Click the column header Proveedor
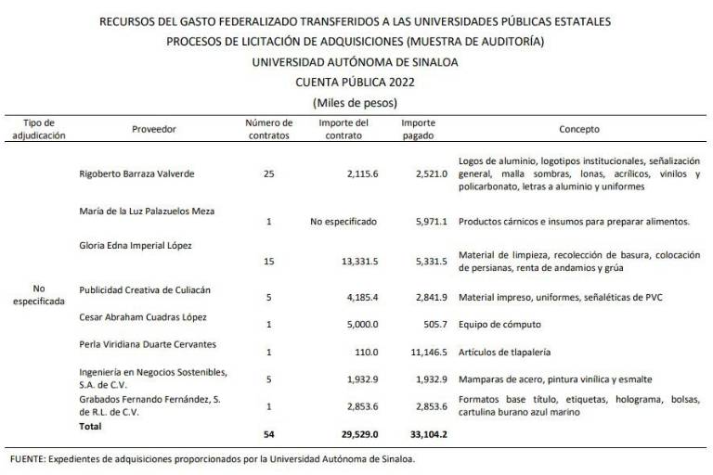(x=154, y=129)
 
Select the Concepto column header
(x=579, y=129)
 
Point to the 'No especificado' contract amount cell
(x=345, y=223)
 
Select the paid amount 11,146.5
(x=427, y=353)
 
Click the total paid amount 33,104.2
(x=427, y=433)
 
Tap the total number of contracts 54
(x=269, y=433)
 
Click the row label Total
(x=91, y=427)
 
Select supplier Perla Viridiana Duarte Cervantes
(x=148, y=344)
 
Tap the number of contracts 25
(x=269, y=173)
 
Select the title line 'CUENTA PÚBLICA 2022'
(x=356, y=82)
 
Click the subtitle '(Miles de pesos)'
(x=356, y=101)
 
